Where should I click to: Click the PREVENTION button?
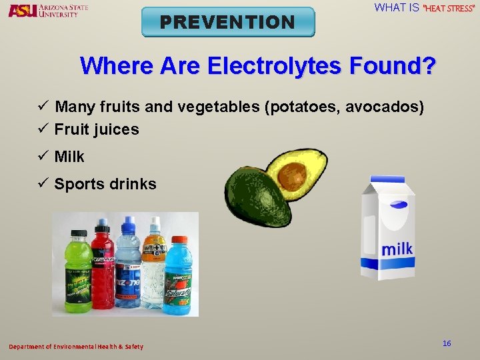tap(228, 22)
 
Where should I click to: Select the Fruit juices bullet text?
tap(97, 129)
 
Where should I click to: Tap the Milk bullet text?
tap(69, 157)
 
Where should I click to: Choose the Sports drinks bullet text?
tap(105, 184)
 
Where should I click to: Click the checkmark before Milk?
tap(43, 157)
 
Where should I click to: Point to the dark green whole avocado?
tap(256, 198)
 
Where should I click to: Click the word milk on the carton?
tap(396, 249)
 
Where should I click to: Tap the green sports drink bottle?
tap(77, 273)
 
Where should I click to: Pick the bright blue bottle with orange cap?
tap(178, 273)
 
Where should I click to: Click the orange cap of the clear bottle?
tap(155, 222)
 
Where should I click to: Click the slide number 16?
tap(447, 343)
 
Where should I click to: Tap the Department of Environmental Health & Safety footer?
tap(75, 347)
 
